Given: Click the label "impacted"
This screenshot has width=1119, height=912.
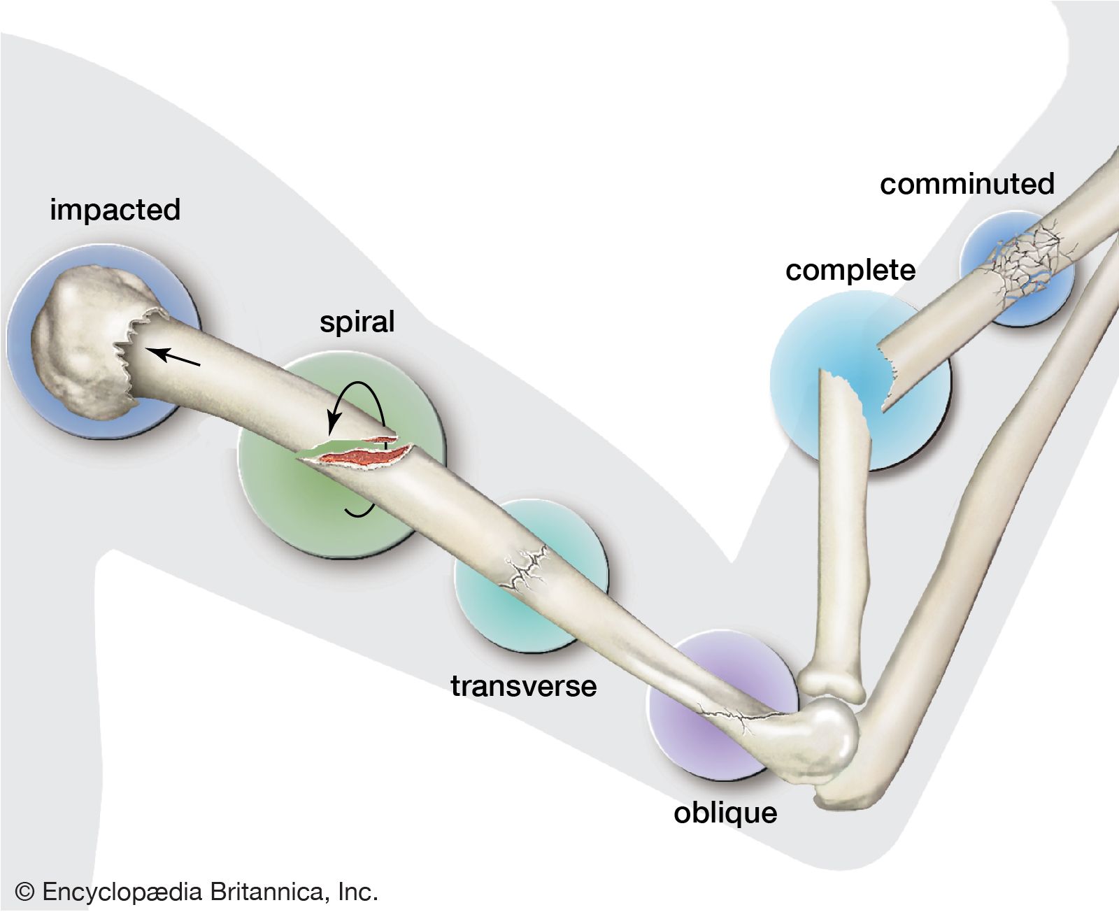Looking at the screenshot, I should (x=115, y=210).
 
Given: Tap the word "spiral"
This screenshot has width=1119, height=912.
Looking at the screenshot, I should (x=357, y=322).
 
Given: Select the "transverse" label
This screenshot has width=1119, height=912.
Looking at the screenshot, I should (x=523, y=686).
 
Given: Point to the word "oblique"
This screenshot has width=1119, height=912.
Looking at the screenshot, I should (x=725, y=813).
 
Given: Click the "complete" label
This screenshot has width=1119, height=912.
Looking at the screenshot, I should (x=850, y=271).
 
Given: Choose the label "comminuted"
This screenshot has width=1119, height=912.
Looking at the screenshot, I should (x=967, y=184).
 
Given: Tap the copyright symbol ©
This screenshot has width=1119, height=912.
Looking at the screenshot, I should (x=24, y=892).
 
